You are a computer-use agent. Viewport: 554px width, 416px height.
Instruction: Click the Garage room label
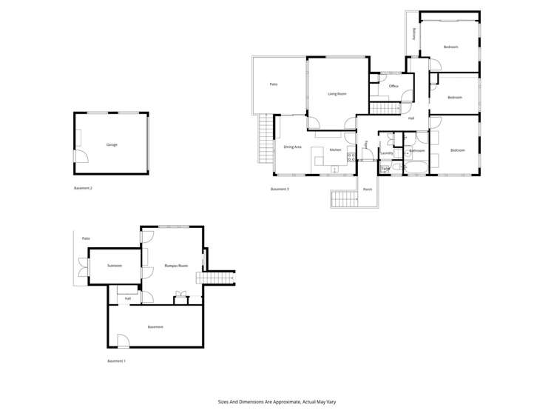[x=112, y=144]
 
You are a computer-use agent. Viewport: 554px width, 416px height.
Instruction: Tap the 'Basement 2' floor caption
[x=83, y=188]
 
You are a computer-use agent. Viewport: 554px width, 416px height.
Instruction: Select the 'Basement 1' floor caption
[x=116, y=360]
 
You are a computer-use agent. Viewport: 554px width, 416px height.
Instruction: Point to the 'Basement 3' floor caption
[x=280, y=189]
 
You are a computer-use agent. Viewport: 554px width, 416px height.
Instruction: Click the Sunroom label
[x=114, y=265]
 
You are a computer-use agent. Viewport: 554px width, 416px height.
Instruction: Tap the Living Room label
[x=337, y=94]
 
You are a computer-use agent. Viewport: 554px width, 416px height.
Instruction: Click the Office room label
[x=393, y=87]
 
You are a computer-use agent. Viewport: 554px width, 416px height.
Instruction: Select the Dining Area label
[x=292, y=147]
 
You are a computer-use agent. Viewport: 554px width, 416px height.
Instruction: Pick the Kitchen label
[x=335, y=150]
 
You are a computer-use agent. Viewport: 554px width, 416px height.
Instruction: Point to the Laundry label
[x=386, y=153]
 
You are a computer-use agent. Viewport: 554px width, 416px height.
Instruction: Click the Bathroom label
[x=416, y=150]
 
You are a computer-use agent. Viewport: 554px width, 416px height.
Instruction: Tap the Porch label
[x=368, y=189]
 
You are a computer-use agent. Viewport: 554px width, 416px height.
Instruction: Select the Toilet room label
[x=385, y=169]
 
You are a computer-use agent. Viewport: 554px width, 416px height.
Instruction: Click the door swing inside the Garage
[x=81, y=156]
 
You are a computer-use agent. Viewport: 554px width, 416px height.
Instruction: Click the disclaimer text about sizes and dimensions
[x=277, y=402]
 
